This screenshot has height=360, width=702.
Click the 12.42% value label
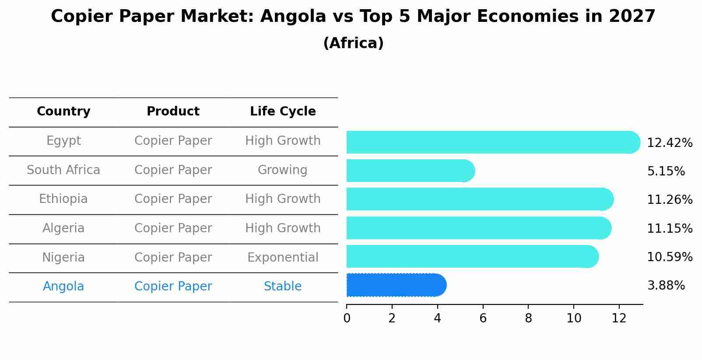point(669,143)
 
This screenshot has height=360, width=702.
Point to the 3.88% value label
point(666,286)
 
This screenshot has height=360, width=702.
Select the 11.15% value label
point(669,228)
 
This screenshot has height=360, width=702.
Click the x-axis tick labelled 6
point(483,318)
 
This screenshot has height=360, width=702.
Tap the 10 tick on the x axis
point(574,318)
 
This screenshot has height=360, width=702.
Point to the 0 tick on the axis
point(347,318)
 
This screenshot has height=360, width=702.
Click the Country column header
point(63,112)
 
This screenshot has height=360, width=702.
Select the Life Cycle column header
point(283,112)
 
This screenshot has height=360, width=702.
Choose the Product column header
point(173,112)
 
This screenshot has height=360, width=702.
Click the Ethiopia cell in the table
point(63,199)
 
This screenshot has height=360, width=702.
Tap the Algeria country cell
point(63,228)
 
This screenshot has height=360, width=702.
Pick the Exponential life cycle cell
point(283,258)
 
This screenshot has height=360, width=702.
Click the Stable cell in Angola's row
point(283,287)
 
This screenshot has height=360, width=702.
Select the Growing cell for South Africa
point(283,170)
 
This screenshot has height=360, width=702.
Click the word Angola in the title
point(293,17)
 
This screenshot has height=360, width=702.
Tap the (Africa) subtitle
point(353,43)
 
